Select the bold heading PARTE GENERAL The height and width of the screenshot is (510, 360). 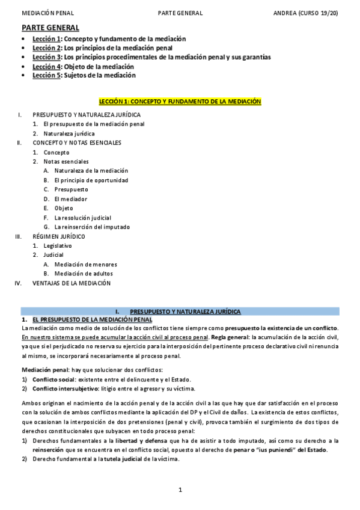[50, 28]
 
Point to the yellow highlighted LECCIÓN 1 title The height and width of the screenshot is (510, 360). [180, 102]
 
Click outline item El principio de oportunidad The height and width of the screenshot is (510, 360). [91, 180]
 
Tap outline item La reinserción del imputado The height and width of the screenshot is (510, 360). [92, 227]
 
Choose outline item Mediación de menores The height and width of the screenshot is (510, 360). [85, 264]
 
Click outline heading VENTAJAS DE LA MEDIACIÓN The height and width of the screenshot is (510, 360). [72, 283]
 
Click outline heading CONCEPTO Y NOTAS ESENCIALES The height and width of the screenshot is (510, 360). [76, 143]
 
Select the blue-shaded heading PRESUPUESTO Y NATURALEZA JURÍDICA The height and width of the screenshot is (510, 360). [185, 312]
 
